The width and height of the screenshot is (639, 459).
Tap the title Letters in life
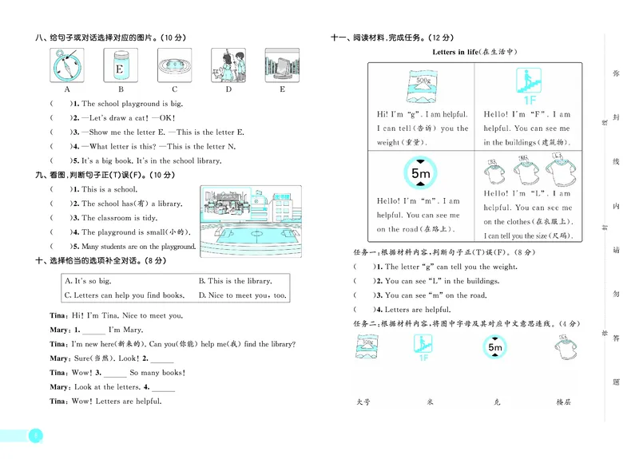tap(474, 52)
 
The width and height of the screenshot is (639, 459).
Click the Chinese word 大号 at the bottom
tap(363, 402)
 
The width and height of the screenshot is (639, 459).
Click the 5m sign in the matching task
tap(494, 348)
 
